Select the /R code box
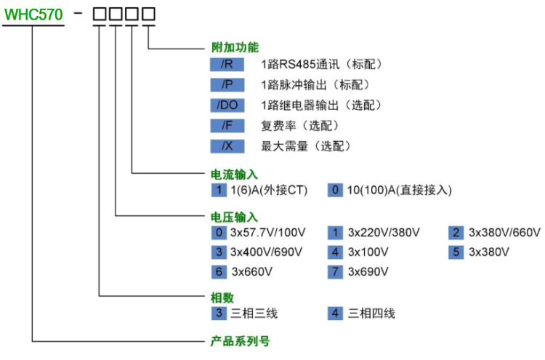pyautogui.click(x=227, y=65)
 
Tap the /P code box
pyautogui.click(x=227, y=85)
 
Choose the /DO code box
pyautogui.click(x=227, y=105)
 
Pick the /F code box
pyautogui.click(x=227, y=126)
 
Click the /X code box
pyautogui.click(x=227, y=146)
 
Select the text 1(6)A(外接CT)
pyautogui.click(x=269, y=191)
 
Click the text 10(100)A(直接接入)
pyautogui.click(x=399, y=191)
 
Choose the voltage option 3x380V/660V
pyautogui.click(x=504, y=233)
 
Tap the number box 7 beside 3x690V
pyautogui.click(x=335, y=272)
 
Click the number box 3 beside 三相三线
pyautogui.click(x=219, y=314)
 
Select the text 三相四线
pyautogui.click(x=371, y=314)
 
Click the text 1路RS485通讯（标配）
pyautogui.click(x=321, y=65)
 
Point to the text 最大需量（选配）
pyautogui.click(x=306, y=146)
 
